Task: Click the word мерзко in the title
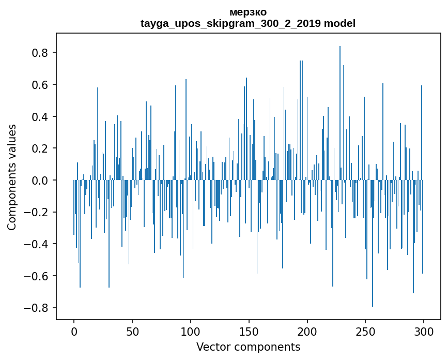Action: click(248, 12)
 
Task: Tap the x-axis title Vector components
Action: click(248, 347)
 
